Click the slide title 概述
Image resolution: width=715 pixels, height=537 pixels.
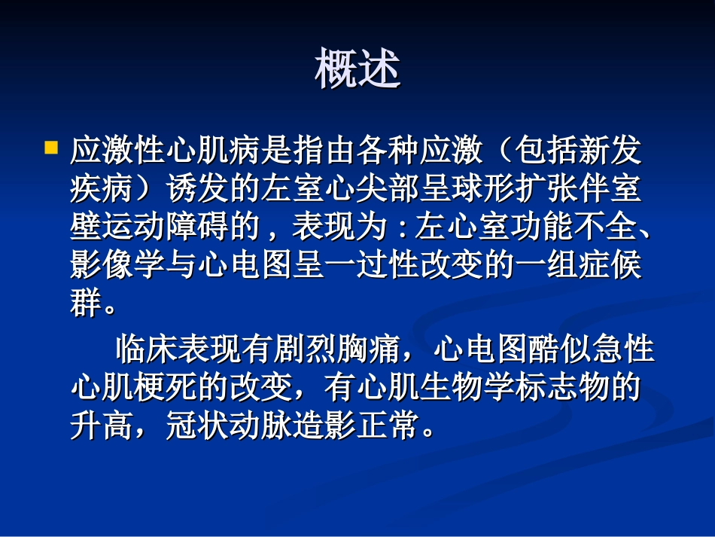pyautogui.click(x=357, y=70)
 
